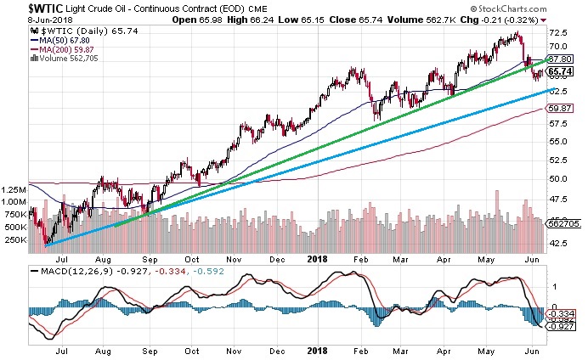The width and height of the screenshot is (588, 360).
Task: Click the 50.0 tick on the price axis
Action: coord(558,178)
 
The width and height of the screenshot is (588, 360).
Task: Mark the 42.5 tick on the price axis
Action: coord(558,242)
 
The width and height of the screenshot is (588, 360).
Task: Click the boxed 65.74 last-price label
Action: coord(558,72)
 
